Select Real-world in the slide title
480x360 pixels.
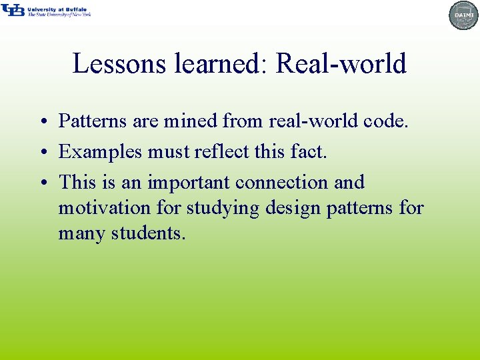tap(341, 64)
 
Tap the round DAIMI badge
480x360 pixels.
tap(464, 15)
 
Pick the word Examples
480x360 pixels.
tap(101, 152)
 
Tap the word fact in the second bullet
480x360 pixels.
tap(309, 152)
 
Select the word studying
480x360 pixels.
tap(223, 208)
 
